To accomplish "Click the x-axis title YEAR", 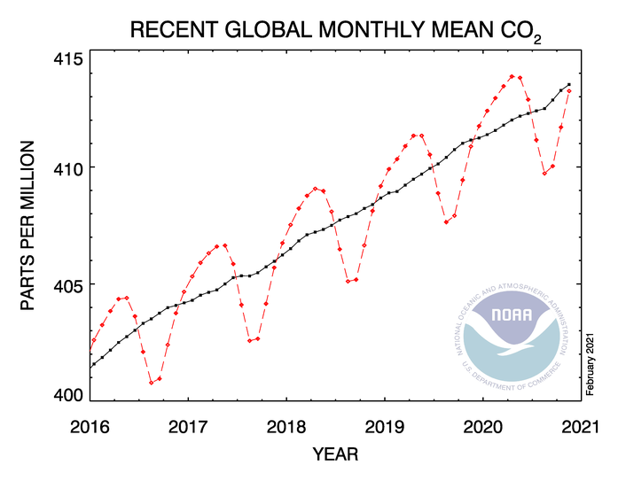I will pyautogui.click(x=335, y=454).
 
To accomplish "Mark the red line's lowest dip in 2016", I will pyautogui.click(x=151, y=382).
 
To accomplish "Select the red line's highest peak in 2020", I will pyautogui.click(x=512, y=76).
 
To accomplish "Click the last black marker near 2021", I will pyautogui.click(x=569, y=84).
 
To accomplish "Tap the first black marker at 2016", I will pyautogui.click(x=91, y=365).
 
